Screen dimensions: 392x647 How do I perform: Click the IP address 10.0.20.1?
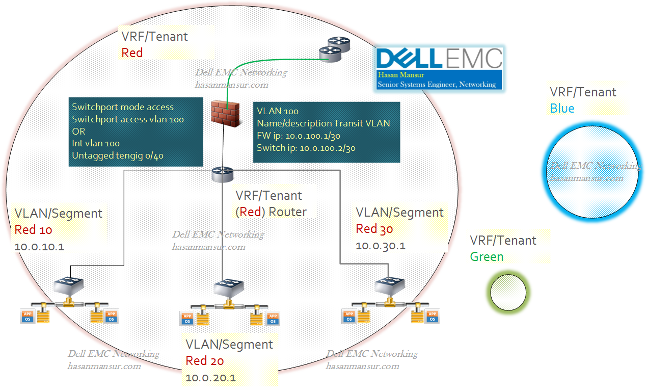point(210,378)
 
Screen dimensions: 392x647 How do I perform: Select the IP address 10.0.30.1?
point(381,246)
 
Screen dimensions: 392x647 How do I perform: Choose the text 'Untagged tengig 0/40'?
point(118,156)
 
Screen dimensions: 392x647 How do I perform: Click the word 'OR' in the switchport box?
point(78,132)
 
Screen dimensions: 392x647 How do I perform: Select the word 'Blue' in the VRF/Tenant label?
point(562,108)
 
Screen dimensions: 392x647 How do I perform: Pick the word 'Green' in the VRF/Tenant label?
point(487,256)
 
